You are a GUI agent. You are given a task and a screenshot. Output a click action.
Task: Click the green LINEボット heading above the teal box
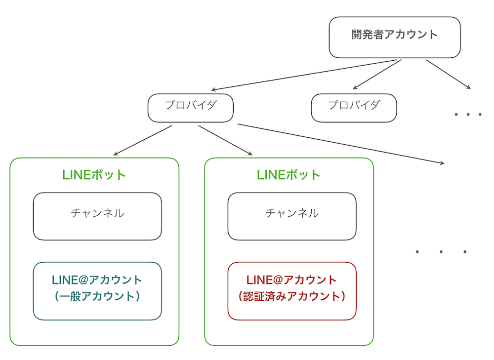94,175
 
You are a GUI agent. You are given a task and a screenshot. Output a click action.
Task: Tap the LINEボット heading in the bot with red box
289,175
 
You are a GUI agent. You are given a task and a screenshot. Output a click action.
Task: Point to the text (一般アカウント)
97,296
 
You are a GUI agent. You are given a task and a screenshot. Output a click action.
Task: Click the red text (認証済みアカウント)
292,296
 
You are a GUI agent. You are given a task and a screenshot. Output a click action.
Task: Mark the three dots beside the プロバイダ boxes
468,115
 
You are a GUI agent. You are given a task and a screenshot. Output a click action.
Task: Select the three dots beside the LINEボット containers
441,252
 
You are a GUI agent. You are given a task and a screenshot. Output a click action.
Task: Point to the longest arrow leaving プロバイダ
341,143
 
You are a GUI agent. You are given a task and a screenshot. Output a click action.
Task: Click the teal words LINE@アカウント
97,280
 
